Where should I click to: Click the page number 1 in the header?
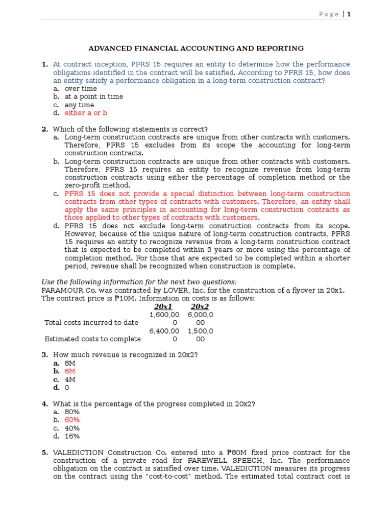[349, 14]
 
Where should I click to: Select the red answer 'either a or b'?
[86, 113]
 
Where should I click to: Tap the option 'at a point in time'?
[93, 97]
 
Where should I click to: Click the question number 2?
[44, 129]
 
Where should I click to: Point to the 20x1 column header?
[163, 306]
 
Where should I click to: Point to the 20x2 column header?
[200, 306]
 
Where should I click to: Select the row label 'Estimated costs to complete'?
[92, 339]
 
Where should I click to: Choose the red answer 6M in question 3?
[70, 371]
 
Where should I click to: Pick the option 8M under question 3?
[70, 363]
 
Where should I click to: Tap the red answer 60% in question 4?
[72, 420]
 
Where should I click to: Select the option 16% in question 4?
[72, 436]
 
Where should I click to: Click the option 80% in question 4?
[72, 412]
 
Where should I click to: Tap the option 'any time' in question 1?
[79, 105]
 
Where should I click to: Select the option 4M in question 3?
[70, 379]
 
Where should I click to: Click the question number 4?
[44, 404]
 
